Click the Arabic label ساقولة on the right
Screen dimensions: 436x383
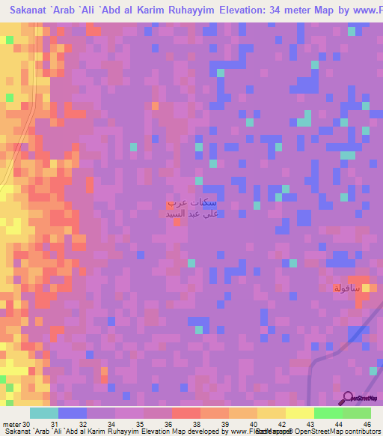pos(348,288)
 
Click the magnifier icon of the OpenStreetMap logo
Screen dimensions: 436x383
pos(347,399)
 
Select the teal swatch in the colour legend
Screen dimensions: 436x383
pos(44,413)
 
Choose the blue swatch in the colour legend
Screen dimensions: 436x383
pos(73,413)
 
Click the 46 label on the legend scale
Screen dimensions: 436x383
pos(367,423)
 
